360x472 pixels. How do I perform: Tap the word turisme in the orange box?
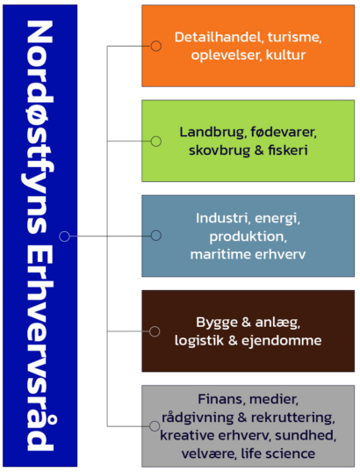[x=294, y=37]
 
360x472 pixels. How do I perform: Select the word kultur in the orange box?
[x=285, y=55]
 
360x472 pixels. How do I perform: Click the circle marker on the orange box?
[x=155, y=46]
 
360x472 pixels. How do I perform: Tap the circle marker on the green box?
[x=155, y=142]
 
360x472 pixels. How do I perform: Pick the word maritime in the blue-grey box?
[x=220, y=254]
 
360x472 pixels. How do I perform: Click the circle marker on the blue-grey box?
[x=155, y=236]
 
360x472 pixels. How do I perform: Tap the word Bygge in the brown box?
[x=217, y=323]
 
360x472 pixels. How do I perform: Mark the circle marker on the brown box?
[x=155, y=331]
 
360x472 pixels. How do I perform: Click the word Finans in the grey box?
[x=221, y=399]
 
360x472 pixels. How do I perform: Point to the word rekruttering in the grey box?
[x=292, y=418]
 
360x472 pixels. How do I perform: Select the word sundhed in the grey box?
[x=306, y=435]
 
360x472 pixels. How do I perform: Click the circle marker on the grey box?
[x=155, y=426]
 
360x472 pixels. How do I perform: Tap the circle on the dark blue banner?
[x=64, y=236]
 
